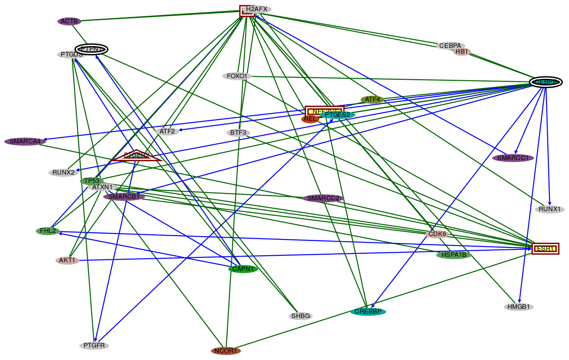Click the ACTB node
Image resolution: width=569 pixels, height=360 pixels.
[x=69, y=21]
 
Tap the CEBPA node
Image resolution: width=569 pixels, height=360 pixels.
[x=450, y=46]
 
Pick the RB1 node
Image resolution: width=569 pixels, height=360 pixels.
[x=462, y=52]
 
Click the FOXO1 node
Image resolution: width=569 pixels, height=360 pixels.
[x=237, y=76]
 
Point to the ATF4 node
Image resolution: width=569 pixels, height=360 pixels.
[x=372, y=99]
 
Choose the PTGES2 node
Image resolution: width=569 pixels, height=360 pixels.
[x=337, y=115]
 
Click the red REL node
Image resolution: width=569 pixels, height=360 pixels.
[x=310, y=119]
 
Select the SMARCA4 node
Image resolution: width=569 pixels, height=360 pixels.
[x=25, y=141]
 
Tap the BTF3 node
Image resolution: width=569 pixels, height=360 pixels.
[x=239, y=133]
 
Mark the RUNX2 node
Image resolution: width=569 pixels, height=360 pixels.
[x=63, y=173]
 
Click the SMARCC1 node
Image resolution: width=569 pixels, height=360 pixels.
[x=513, y=158]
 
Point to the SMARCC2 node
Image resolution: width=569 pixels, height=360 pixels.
[x=323, y=198]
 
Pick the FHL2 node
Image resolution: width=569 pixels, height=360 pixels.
[x=48, y=231]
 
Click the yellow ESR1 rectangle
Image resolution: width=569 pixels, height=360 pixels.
[x=545, y=249]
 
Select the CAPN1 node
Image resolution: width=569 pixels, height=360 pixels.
[x=243, y=269]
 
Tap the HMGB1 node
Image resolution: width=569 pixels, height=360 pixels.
[x=518, y=307]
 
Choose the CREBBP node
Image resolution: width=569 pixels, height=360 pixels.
[x=368, y=311]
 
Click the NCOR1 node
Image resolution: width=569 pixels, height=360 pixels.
[x=226, y=351]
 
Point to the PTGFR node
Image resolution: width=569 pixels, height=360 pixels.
[x=94, y=345]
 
